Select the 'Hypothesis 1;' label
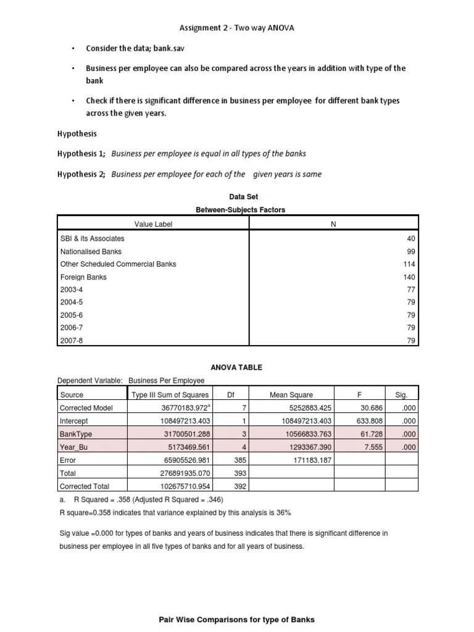[81, 154]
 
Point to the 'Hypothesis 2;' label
[81, 174]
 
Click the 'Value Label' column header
[154, 224]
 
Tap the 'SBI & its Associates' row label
[92, 238]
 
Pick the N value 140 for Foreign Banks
[410, 277]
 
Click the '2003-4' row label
[71, 289]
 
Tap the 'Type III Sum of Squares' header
[170, 395]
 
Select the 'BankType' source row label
[75, 434]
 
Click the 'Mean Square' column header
[291, 395]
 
